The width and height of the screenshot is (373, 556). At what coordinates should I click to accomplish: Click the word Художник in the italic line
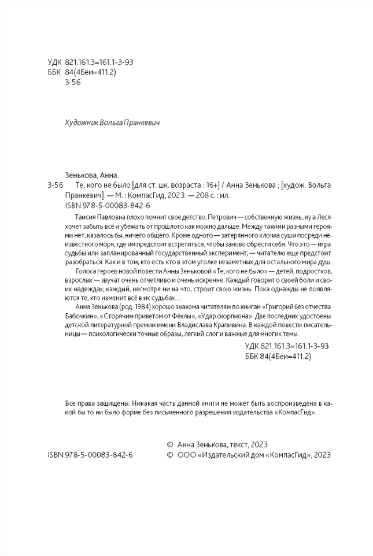point(80,123)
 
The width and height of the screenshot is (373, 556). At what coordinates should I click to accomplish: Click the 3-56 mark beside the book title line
point(54,186)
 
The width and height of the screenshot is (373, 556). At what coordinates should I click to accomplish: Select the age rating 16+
point(212,186)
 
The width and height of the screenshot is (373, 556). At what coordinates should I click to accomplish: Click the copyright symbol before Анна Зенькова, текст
point(170,444)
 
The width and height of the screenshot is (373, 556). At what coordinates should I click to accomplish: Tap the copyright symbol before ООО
point(170,455)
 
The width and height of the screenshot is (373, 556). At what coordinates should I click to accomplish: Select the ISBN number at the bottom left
point(90,455)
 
